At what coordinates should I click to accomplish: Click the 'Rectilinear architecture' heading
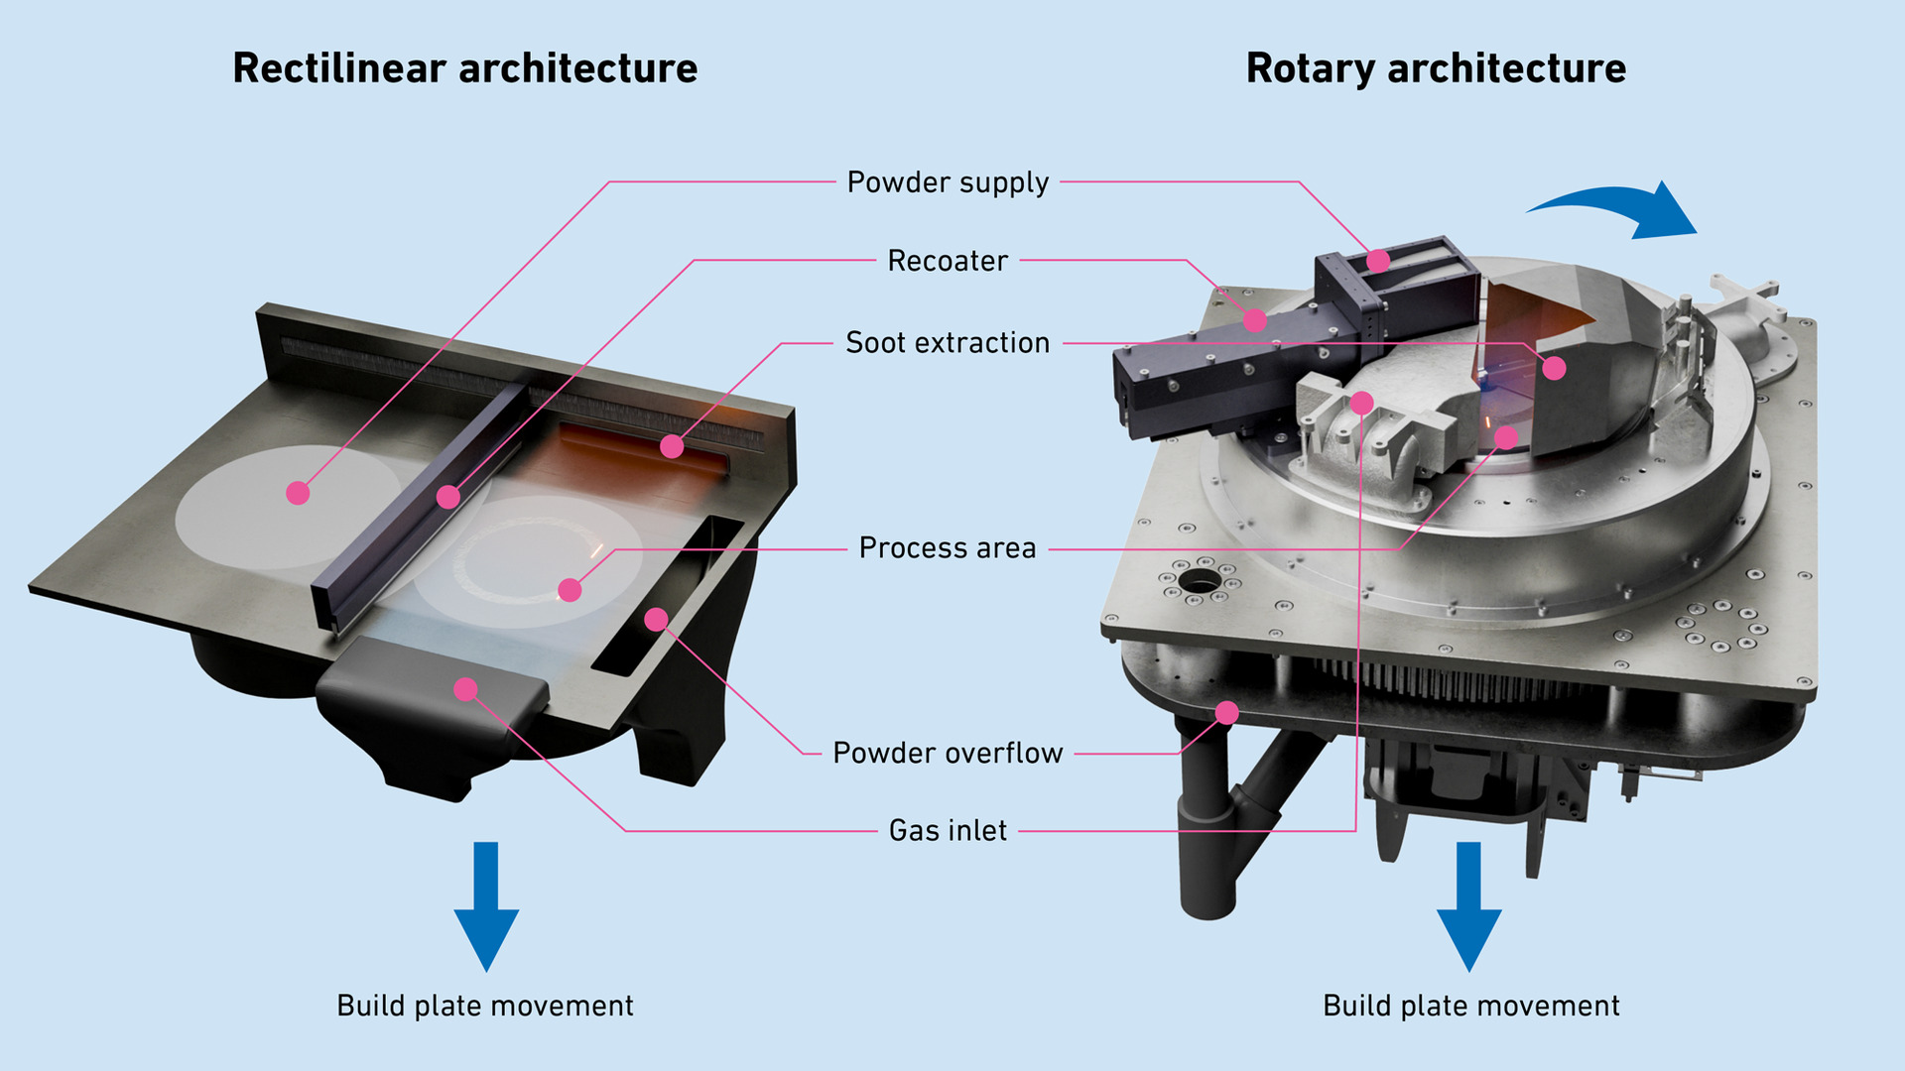[464, 68]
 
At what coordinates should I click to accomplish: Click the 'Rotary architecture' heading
[1436, 68]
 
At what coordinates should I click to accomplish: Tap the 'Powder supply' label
[948, 182]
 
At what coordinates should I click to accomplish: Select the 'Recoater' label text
[948, 261]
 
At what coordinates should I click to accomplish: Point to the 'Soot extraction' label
[948, 343]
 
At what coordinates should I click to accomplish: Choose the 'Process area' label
[948, 548]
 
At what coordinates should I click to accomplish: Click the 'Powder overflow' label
[948, 754]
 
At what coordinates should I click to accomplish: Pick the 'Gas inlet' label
[948, 831]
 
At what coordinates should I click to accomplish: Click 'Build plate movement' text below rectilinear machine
[485, 1006]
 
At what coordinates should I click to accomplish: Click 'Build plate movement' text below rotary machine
[1470, 1006]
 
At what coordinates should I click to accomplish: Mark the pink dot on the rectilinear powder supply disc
[298, 493]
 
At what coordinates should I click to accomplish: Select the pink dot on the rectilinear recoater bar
[448, 497]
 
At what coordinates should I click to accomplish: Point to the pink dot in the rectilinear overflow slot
[656, 620]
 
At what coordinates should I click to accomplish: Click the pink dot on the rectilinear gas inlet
[465, 689]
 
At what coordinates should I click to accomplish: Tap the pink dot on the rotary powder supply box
[1377, 261]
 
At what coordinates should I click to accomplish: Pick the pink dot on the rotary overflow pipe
[1227, 712]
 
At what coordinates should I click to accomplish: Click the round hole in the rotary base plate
[1200, 581]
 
